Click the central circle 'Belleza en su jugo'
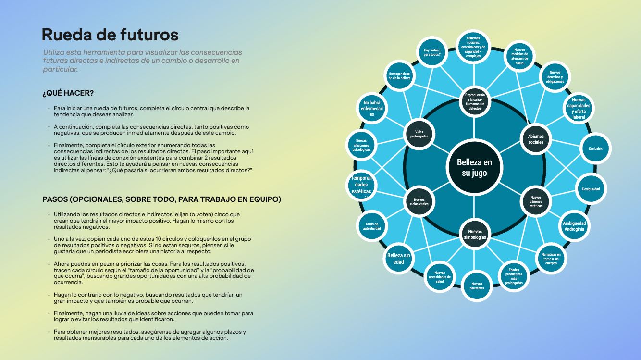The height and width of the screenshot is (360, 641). [x=474, y=167]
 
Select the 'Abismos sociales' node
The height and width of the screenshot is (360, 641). [x=536, y=139]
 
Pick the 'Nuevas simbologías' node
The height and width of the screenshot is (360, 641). [x=474, y=234]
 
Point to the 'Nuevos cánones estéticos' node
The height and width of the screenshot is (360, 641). [x=536, y=201]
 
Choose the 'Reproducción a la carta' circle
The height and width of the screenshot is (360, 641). [x=474, y=101]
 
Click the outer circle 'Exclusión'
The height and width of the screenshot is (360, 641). [x=595, y=149]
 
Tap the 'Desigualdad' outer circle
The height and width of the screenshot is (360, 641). [x=591, y=189]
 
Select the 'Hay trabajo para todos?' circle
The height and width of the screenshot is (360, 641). [x=432, y=52]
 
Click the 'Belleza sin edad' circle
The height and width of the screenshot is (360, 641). [x=399, y=259]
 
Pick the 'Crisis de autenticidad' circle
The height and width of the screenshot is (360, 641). [x=372, y=226]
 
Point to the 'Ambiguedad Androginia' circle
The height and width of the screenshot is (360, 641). [x=574, y=226]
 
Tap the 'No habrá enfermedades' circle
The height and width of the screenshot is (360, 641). [x=372, y=109]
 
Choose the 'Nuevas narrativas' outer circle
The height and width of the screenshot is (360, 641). [x=477, y=286]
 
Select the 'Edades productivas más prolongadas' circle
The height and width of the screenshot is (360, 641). [x=514, y=276]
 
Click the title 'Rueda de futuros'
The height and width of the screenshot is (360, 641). [x=110, y=35]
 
